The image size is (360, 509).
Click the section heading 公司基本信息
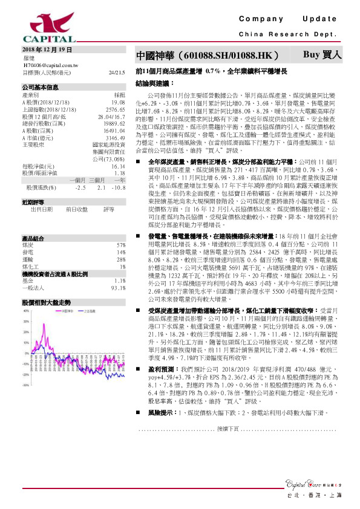[x=40, y=87]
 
